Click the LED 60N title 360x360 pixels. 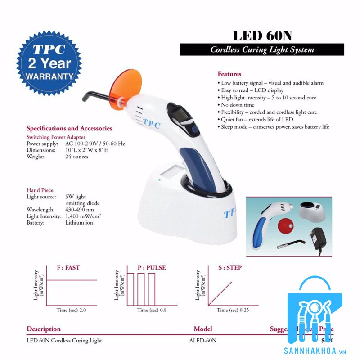[262, 35]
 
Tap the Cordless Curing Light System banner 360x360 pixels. [262, 50]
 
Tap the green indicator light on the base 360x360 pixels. [159, 181]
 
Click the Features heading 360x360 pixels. [229, 74]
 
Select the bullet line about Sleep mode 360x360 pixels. [275, 127]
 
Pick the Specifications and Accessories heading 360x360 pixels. [69, 129]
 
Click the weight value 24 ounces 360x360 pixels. [77, 157]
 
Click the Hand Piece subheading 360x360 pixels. [40, 190]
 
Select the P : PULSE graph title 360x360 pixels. [152, 268]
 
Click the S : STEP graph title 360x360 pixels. [230, 268]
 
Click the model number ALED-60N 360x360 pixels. [203, 340]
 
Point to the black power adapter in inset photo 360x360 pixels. [320, 237]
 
